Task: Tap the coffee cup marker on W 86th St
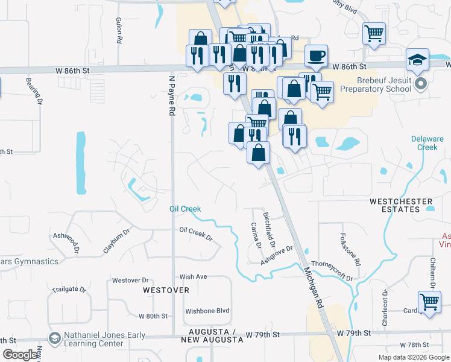pos(316,57)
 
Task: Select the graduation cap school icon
pos(417,60)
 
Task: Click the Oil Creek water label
pos(184,209)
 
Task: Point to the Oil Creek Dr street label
pos(197,233)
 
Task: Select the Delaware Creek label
pos(427,143)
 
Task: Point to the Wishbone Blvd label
pos(208,311)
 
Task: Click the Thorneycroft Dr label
pos(332,270)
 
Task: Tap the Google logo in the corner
pos(20,355)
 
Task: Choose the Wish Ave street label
pos(193,277)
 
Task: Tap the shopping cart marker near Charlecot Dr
pos(429,302)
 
